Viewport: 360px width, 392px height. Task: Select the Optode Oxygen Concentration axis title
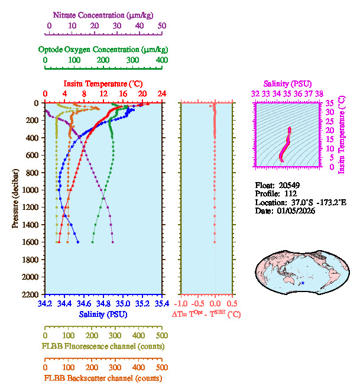103,49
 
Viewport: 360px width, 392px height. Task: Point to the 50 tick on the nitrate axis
162,26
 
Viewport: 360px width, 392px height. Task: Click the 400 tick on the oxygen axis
161,61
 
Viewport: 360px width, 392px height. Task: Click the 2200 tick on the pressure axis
31,294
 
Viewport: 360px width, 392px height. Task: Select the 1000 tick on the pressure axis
31,190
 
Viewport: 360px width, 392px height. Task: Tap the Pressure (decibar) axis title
15,199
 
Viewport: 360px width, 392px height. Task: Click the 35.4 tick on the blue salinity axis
161,304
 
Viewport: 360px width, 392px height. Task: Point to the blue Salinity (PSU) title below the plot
103,315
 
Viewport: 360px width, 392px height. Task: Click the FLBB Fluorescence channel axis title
103,346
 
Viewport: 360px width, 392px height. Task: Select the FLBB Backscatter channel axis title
103,378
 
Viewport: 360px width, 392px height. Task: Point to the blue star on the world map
303,284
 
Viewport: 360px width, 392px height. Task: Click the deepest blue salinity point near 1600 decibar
77,242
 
